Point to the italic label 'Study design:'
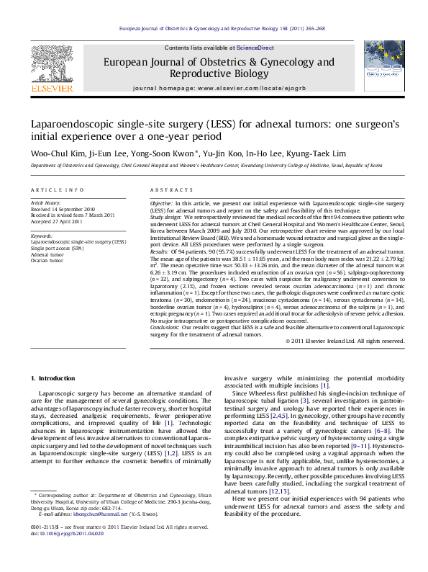pos(165,215)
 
